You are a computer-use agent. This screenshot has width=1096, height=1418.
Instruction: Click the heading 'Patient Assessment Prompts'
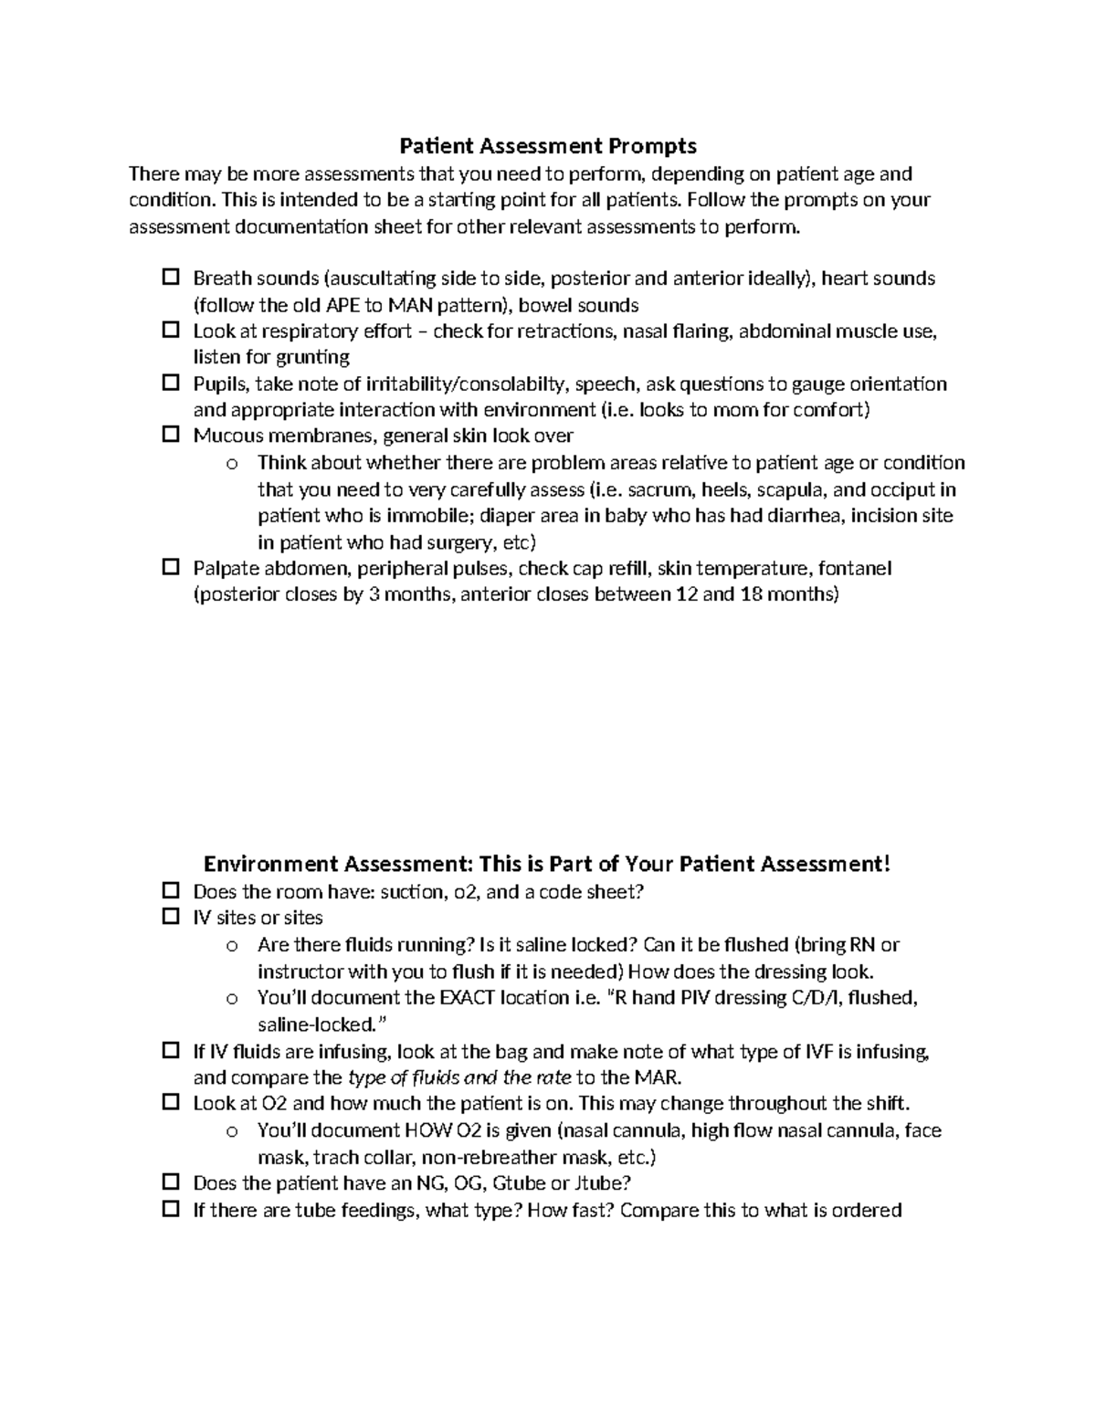548,146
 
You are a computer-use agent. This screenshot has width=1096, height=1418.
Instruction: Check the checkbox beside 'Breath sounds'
170,277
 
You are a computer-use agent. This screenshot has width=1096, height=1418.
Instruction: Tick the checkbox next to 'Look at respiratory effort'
170,330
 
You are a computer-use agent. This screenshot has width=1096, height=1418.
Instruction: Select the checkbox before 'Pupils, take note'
170,383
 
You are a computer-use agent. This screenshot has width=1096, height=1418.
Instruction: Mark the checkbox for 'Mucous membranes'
170,435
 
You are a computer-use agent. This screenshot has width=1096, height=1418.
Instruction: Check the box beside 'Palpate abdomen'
170,568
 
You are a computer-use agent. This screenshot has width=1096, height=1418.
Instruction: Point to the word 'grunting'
313,357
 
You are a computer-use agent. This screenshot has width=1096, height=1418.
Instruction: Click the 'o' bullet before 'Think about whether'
232,464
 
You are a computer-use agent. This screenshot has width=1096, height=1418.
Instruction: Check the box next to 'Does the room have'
170,890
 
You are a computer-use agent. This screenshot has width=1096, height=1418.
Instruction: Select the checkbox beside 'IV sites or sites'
170,917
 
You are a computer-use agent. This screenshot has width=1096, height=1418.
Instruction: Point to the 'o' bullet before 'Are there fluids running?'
232,946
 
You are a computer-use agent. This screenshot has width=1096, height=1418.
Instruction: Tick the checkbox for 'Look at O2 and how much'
170,1103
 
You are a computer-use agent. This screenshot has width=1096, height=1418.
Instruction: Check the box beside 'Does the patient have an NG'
170,1182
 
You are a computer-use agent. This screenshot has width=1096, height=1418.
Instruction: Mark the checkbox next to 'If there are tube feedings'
170,1210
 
